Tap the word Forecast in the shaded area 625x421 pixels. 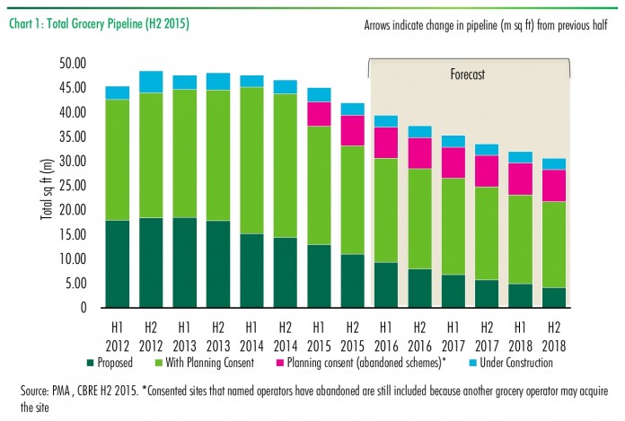pos(467,75)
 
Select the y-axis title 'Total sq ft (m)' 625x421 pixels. pos(45,185)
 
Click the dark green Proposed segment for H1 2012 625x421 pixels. pos(117,264)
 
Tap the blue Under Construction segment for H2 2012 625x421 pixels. pos(151,82)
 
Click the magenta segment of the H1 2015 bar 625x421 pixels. pos(319,114)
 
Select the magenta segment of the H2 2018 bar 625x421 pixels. pos(554,186)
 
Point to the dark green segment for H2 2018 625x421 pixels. pos(554,298)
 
